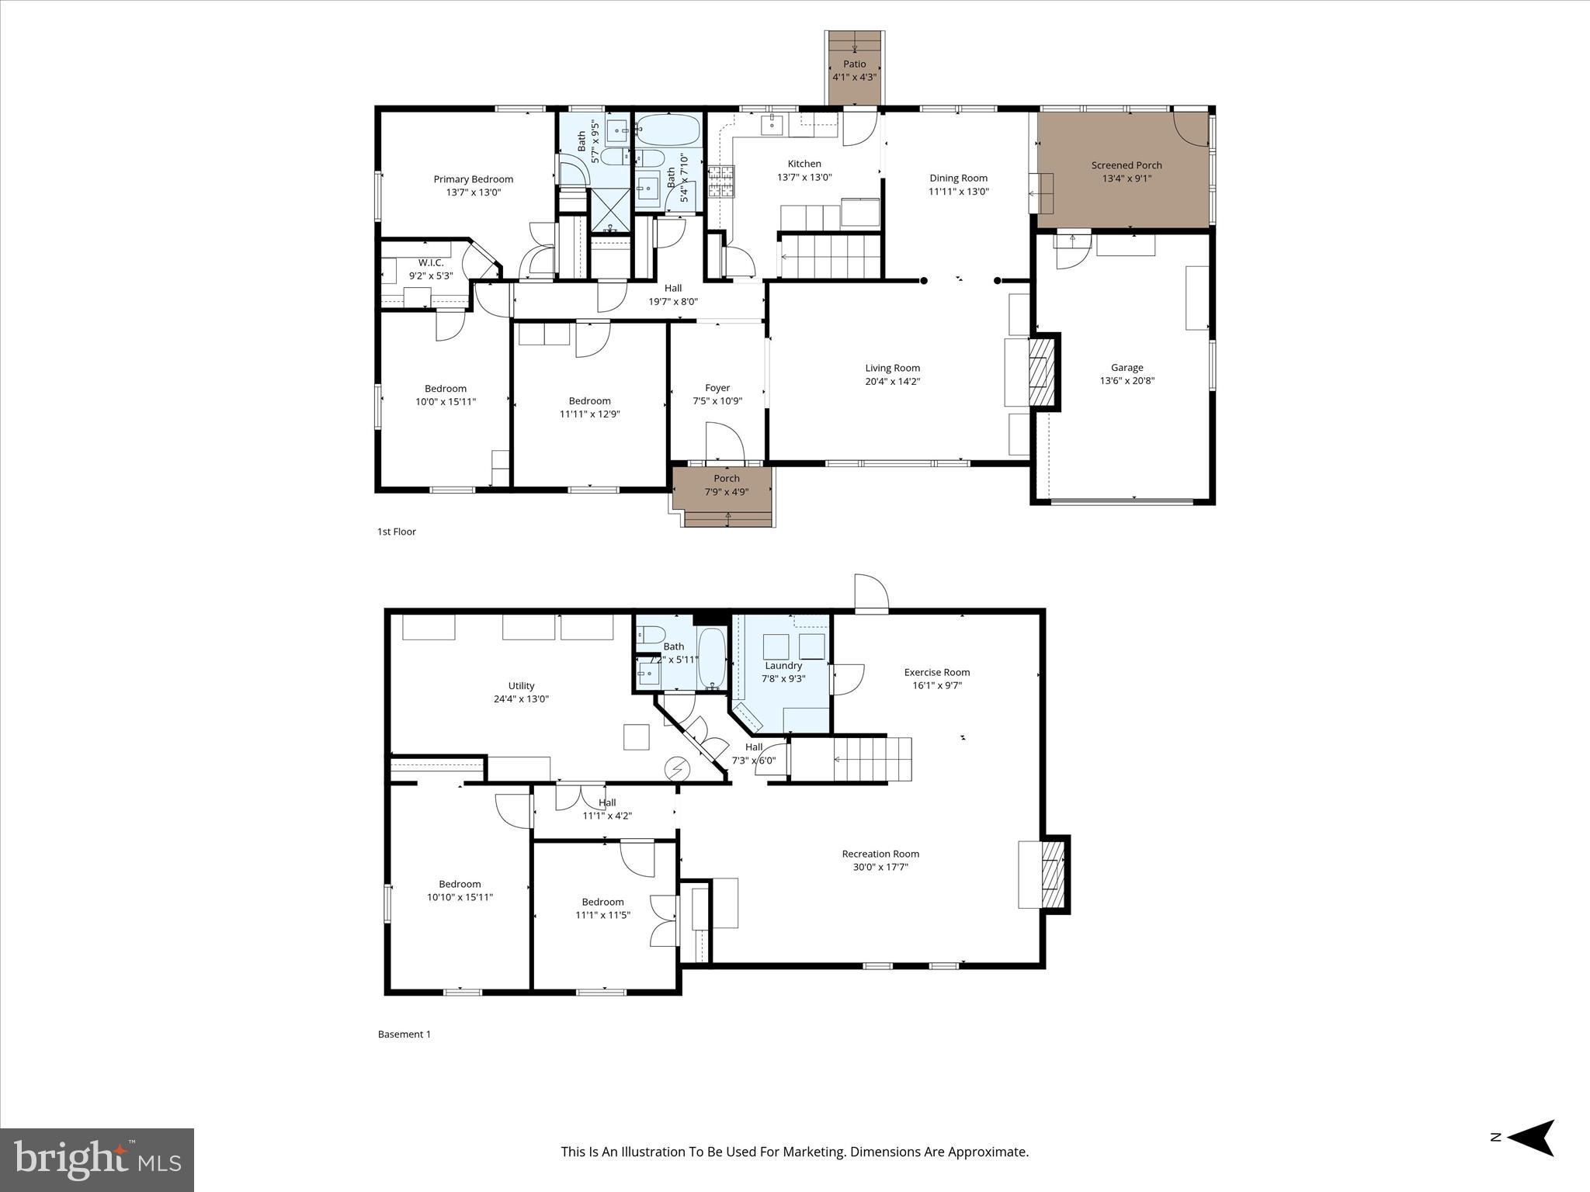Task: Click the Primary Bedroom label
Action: coord(473,179)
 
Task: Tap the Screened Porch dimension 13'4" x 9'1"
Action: coord(1127,178)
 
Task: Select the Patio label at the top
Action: coord(854,64)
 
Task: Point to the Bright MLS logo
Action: coord(96,1159)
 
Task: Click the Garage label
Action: coord(1127,368)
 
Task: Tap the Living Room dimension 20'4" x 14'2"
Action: coord(893,382)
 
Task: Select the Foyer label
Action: coord(717,388)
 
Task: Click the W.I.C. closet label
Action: coord(431,263)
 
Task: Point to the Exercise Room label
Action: coord(936,673)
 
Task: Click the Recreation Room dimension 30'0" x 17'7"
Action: coord(880,867)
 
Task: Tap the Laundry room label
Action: coord(783,666)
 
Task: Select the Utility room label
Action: coord(521,686)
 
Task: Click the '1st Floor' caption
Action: coord(397,532)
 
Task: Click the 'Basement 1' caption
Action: coord(404,1034)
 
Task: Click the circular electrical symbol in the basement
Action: coord(677,768)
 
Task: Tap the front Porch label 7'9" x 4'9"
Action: coord(726,485)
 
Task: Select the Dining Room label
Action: coord(958,178)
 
